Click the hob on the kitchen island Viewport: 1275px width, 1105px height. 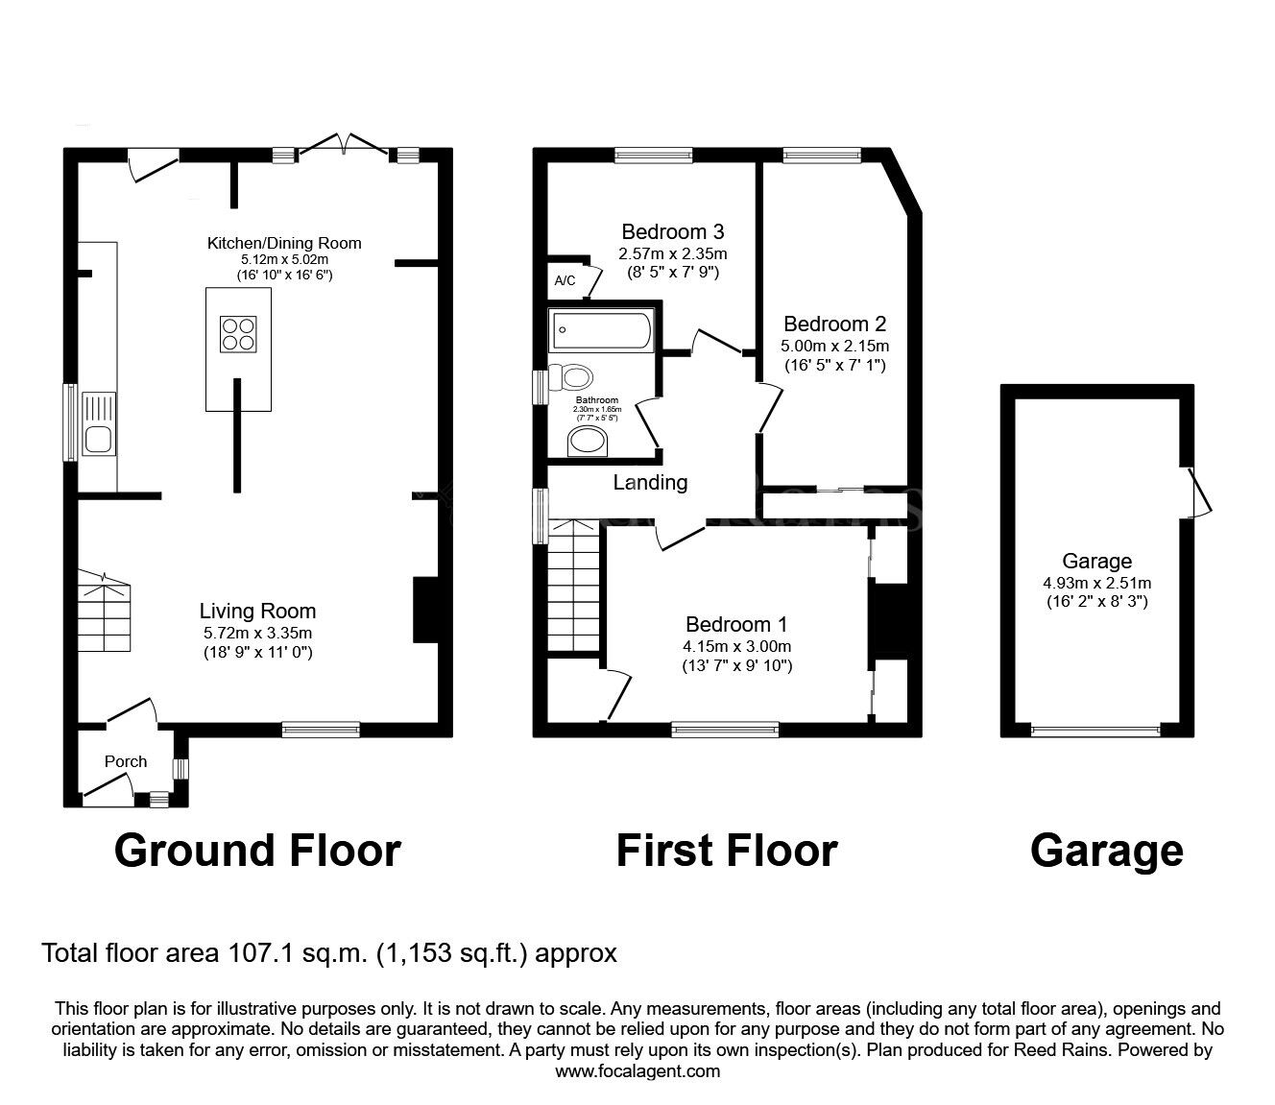[x=238, y=334]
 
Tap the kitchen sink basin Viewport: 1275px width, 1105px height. [x=99, y=440]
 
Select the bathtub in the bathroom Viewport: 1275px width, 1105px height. [x=601, y=330]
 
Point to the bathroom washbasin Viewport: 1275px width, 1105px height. [x=588, y=442]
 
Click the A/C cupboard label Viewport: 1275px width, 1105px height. [x=565, y=280]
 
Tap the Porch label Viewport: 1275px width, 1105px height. [x=126, y=761]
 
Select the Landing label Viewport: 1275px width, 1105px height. [x=650, y=482]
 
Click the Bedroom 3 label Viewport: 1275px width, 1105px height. [x=673, y=231]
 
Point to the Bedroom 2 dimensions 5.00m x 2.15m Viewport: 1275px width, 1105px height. [x=835, y=346]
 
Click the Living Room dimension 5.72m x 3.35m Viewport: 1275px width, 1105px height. [x=258, y=633]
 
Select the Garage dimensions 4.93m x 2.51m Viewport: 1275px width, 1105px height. [x=1097, y=583]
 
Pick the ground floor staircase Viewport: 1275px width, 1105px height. [x=105, y=610]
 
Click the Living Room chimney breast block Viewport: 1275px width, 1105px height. [x=425, y=611]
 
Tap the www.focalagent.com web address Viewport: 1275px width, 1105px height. [x=637, y=1071]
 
